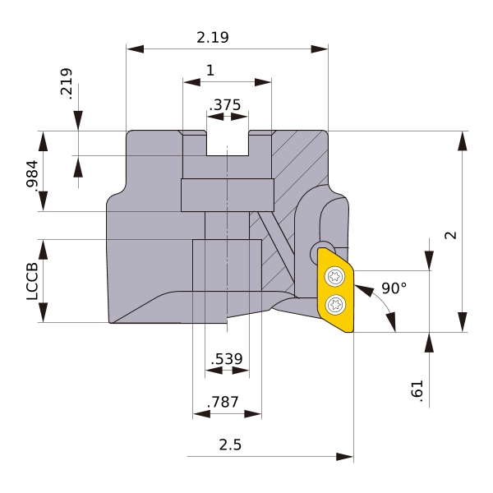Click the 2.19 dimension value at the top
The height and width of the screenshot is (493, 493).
pyautogui.click(x=213, y=38)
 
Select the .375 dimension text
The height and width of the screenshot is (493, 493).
pyautogui.click(x=225, y=104)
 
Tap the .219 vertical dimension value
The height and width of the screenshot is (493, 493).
pyautogui.click(x=66, y=84)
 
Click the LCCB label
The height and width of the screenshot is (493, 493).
pyautogui.click(x=32, y=281)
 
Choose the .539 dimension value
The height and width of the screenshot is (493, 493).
pyautogui.click(x=227, y=359)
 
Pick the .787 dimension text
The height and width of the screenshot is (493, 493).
pyautogui.click(x=223, y=402)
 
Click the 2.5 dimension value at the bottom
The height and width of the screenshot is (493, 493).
pyautogui.click(x=230, y=445)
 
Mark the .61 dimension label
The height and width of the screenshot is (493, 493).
pyautogui.click(x=417, y=391)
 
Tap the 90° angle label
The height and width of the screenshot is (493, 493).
pyautogui.click(x=394, y=288)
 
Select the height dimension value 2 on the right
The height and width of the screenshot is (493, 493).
pyautogui.click(x=450, y=235)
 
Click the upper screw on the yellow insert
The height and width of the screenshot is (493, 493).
pyautogui.click(x=335, y=277)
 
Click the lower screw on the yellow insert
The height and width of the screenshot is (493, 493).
pyautogui.click(x=335, y=304)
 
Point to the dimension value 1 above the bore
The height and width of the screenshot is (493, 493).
pyautogui.click(x=210, y=70)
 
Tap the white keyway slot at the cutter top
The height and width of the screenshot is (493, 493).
pyautogui.click(x=228, y=143)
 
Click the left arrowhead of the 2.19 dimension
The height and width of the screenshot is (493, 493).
pyautogui.click(x=136, y=49)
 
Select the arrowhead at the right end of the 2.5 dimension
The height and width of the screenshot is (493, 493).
pyautogui.click(x=344, y=457)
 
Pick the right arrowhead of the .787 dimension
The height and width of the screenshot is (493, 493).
pyautogui.click(x=253, y=414)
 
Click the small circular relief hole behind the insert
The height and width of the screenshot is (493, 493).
pyautogui.click(x=320, y=251)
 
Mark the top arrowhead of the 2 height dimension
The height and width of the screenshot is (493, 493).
pyautogui.click(x=462, y=141)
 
